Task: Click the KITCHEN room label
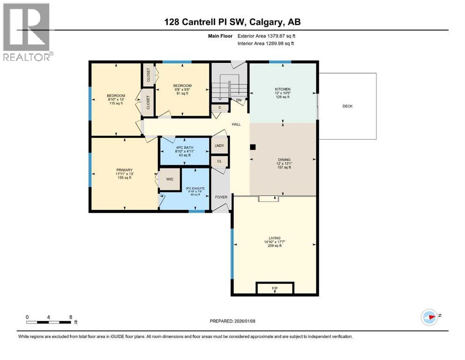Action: pos(282,89)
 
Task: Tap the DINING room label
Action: pos(282,159)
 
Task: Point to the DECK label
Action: pos(347,106)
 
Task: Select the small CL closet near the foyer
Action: pos(219,161)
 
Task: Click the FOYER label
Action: pos(221,197)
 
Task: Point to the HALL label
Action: pos(236,124)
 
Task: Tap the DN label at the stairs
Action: pos(238,100)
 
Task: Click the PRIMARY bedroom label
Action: pos(125,170)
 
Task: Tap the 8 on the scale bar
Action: pos(70,317)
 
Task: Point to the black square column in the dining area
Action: pos(253,147)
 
